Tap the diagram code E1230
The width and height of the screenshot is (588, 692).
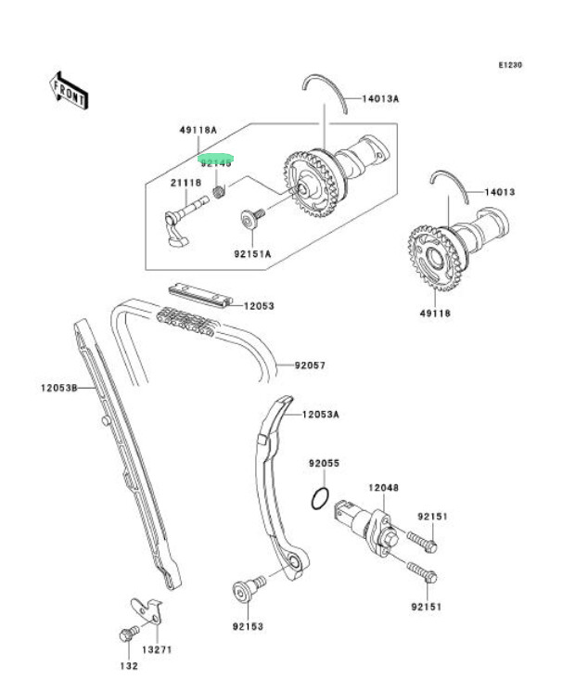(x=511, y=65)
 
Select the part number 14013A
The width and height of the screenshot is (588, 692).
(x=380, y=98)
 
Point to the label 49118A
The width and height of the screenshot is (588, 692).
(x=198, y=130)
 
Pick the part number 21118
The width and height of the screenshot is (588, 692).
(x=185, y=183)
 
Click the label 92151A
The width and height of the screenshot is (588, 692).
(x=252, y=253)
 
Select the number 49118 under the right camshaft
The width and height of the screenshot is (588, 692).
(x=434, y=314)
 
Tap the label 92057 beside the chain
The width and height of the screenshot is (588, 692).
(x=310, y=365)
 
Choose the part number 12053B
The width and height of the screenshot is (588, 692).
(x=57, y=387)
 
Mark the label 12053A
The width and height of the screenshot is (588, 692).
(x=319, y=415)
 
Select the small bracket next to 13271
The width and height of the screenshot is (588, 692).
(x=147, y=608)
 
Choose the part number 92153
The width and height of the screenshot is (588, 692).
(x=249, y=626)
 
